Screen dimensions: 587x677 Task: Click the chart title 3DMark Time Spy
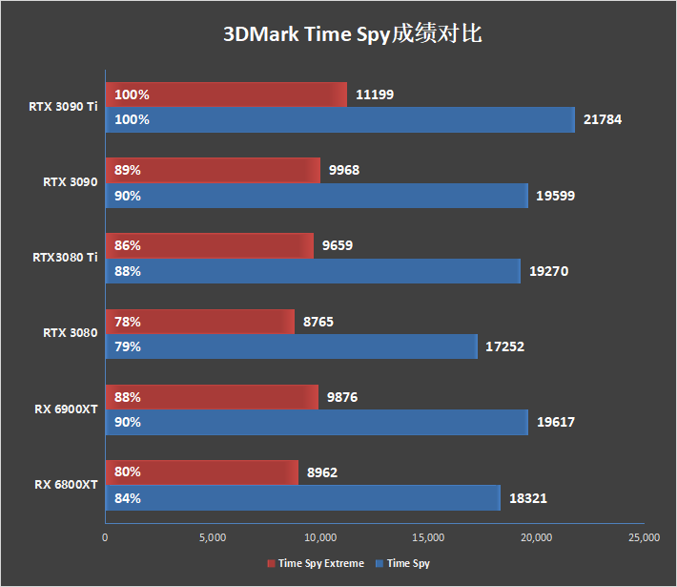(353, 34)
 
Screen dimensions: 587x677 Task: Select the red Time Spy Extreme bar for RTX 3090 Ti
(225, 94)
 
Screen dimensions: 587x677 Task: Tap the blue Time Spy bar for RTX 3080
(291, 346)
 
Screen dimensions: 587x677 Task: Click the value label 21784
(604, 119)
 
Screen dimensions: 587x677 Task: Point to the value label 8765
(318, 322)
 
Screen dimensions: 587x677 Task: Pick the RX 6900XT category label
(67, 409)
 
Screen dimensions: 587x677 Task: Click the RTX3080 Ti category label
(65, 257)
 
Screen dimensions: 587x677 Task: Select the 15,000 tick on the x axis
(428, 537)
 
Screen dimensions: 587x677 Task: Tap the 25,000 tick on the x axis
(644, 537)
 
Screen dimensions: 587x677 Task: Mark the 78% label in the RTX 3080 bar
(127, 322)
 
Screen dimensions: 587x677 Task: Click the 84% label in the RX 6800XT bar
(128, 497)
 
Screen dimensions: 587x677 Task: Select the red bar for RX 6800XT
(201, 472)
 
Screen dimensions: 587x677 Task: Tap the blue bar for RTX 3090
(316, 196)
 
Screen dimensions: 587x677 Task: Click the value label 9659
(338, 245)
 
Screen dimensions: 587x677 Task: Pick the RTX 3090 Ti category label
(63, 106)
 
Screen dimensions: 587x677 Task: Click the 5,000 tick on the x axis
(213, 537)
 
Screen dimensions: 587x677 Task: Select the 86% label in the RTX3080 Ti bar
(127, 245)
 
